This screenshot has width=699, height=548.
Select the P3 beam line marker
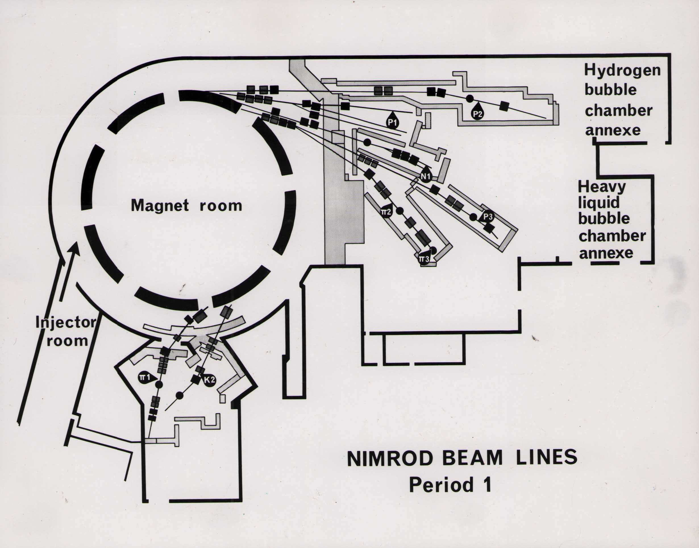tap(487, 217)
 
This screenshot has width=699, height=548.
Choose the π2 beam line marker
tap(386, 212)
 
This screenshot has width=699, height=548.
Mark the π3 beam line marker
tap(424, 259)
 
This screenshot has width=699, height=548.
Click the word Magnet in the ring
tap(160, 205)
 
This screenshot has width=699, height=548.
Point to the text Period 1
tap(450, 485)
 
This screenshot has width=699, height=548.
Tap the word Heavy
tap(602, 187)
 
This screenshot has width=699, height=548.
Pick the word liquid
tap(599, 203)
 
